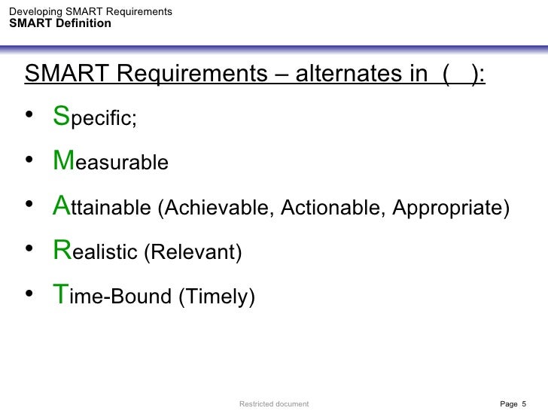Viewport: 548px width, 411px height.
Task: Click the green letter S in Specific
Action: [x=60, y=117]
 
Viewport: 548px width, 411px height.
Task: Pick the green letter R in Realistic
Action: [x=61, y=251]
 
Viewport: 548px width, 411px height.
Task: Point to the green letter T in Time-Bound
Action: [x=60, y=295]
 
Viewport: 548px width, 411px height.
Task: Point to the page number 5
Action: [x=524, y=404]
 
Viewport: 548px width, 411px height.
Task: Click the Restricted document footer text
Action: [x=274, y=404]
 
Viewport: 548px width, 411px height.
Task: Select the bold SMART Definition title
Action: [x=60, y=23]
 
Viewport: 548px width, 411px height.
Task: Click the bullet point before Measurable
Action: [x=30, y=160]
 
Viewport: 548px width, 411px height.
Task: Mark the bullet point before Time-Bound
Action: [x=30, y=295]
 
